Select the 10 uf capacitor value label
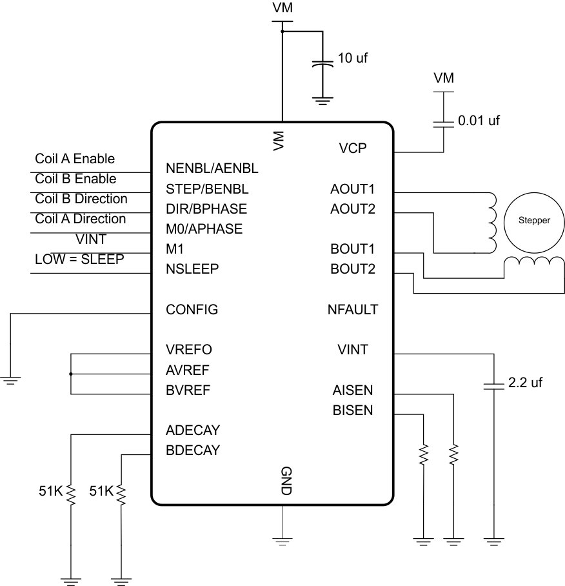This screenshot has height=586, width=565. [x=353, y=58]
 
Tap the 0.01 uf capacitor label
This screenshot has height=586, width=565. [x=478, y=120]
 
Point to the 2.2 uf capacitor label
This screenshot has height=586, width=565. [x=525, y=383]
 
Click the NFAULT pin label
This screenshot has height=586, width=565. [x=352, y=310]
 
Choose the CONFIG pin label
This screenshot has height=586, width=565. [x=192, y=310]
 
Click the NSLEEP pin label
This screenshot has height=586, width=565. [x=192, y=269]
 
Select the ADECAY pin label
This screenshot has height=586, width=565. [x=192, y=430]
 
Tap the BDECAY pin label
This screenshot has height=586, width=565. [x=192, y=450]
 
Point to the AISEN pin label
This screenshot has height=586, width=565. [x=353, y=390]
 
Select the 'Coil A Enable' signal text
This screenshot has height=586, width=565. [x=74, y=158]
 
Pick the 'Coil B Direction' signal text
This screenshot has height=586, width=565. [x=81, y=199]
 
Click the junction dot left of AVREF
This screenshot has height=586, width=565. [x=70, y=374]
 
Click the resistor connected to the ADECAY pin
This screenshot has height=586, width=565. [x=70, y=495]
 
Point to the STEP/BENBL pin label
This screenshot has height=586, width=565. [x=206, y=189]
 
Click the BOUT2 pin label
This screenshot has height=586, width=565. [x=353, y=269]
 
